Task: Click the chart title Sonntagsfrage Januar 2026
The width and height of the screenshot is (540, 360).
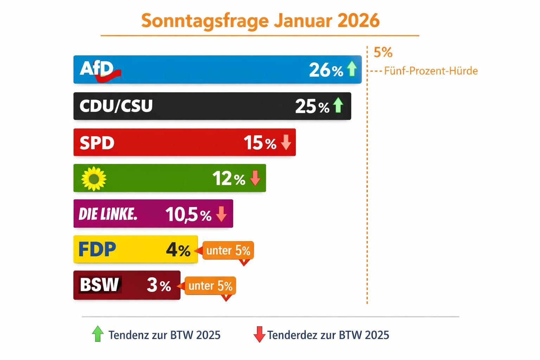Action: coord(260,21)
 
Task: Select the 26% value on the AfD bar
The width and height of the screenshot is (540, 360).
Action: coord(326,70)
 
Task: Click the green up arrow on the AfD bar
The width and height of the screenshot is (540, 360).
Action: coord(352,69)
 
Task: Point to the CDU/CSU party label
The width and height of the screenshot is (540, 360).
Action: coord(116,106)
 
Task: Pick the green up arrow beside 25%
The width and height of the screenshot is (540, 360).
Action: coord(338,105)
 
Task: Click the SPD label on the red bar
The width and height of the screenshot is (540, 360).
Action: coord(97,143)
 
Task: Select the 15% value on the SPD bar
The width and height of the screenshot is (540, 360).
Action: coord(260,143)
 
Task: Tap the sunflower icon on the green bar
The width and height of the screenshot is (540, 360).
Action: coord(94,179)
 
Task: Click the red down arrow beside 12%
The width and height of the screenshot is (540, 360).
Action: coord(255,178)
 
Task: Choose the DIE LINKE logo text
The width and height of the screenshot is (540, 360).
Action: coord(108,214)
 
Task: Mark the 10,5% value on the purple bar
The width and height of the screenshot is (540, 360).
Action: coord(188,214)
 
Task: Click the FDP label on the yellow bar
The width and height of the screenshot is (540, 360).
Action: coord(97,249)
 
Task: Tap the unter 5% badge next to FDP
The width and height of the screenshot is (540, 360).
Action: coord(228,251)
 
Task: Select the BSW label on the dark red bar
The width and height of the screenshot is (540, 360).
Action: coord(99,285)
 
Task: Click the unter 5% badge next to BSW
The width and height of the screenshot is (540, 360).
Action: coord(210,286)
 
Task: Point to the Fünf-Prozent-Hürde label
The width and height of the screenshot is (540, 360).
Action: coord(431,71)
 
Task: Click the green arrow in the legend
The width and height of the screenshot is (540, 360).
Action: coord(98,334)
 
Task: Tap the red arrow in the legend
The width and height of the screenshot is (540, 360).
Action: coord(259,334)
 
